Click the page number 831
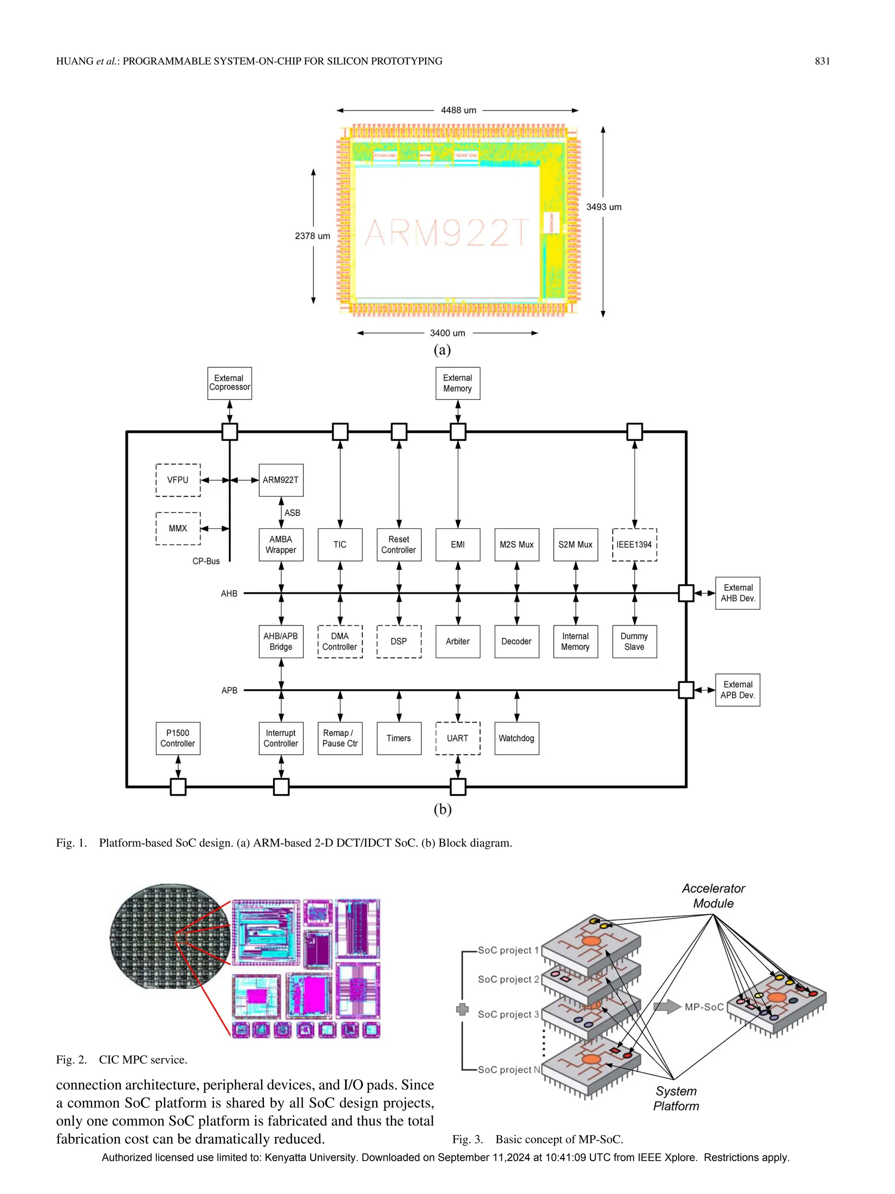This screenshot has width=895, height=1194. click(x=822, y=61)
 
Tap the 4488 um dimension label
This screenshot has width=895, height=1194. click(x=458, y=110)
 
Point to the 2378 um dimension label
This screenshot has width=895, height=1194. click(x=312, y=236)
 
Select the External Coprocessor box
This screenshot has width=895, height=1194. click(x=229, y=383)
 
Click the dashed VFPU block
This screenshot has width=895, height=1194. click(x=177, y=480)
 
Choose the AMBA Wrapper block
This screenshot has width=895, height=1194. click(x=281, y=545)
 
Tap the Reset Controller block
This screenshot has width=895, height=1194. click(x=399, y=545)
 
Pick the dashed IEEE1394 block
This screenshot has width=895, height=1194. click(x=635, y=545)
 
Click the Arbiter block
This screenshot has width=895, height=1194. click(x=458, y=641)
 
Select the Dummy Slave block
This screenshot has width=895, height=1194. click(x=635, y=641)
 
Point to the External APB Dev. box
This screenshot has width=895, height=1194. click(x=738, y=690)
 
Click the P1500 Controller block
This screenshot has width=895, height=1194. click(x=177, y=738)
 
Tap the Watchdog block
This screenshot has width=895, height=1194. click(x=516, y=738)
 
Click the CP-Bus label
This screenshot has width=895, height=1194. click(x=206, y=561)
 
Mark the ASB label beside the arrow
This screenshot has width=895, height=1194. click(x=292, y=513)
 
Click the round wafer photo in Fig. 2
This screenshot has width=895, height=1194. click(x=170, y=936)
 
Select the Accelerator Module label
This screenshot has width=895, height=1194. click(x=713, y=895)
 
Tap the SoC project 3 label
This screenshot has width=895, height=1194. click(x=508, y=1014)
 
